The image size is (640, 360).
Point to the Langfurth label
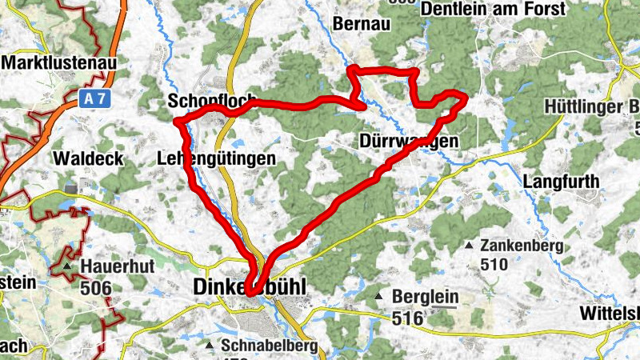(561, 182)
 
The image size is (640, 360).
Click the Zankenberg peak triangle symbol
(470, 245)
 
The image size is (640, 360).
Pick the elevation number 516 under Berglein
(409, 318)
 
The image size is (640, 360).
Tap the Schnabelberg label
(269, 346)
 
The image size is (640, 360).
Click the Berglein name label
(426, 297)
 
